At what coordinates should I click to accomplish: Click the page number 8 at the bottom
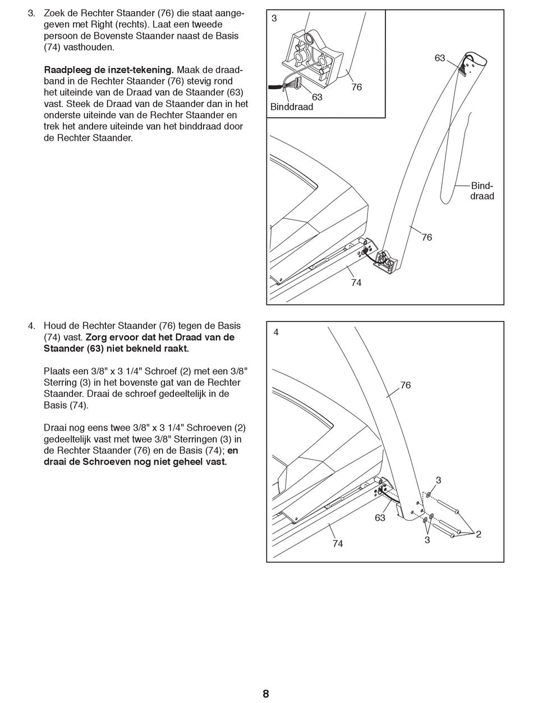(266, 694)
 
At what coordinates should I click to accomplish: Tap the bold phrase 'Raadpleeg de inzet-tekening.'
(109, 70)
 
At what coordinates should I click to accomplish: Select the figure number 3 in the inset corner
(274, 18)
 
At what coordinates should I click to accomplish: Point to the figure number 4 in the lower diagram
(276, 332)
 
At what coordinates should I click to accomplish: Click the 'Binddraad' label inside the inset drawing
(292, 107)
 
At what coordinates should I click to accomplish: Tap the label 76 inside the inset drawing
(356, 87)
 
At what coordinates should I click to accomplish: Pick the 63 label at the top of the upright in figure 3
(440, 58)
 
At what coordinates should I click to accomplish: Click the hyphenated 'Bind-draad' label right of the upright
(482, 191)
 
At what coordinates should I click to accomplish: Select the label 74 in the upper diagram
(356, 283)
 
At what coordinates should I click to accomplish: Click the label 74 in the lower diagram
(337, 543)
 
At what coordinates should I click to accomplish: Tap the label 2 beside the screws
(479, 534)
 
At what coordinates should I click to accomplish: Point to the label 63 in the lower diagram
(380, 518)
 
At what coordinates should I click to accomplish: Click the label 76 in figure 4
(405, 385)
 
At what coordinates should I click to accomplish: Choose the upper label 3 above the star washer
(438, 480)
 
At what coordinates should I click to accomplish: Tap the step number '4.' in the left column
(32, 326)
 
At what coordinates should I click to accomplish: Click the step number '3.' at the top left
(32, 13)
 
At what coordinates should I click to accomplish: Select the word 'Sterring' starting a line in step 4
(61, 382)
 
